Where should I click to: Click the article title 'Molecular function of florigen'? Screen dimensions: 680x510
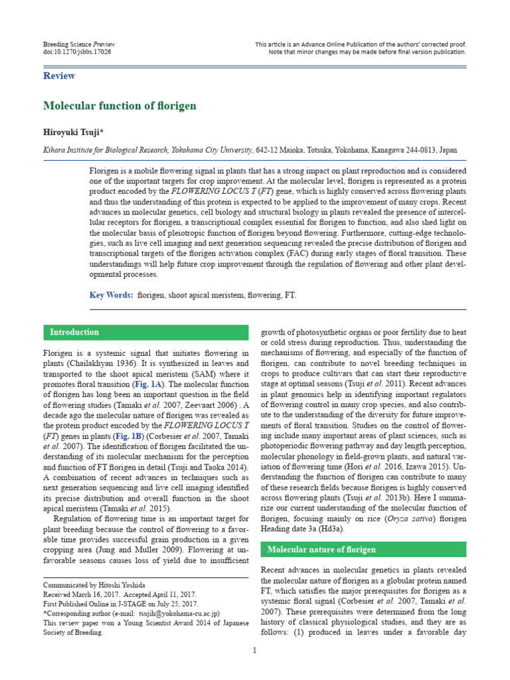tap(120, 106)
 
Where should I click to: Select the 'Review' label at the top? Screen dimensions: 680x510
tap(59, 76)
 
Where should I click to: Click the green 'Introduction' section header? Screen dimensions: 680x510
tap(75, 332)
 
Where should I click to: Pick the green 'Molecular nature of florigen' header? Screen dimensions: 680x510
tap(321, 549)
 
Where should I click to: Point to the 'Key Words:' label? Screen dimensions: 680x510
tap(111, 295)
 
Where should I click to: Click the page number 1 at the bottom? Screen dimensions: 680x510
tap(254, 649)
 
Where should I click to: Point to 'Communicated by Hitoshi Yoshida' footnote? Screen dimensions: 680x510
tap(95, 585)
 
